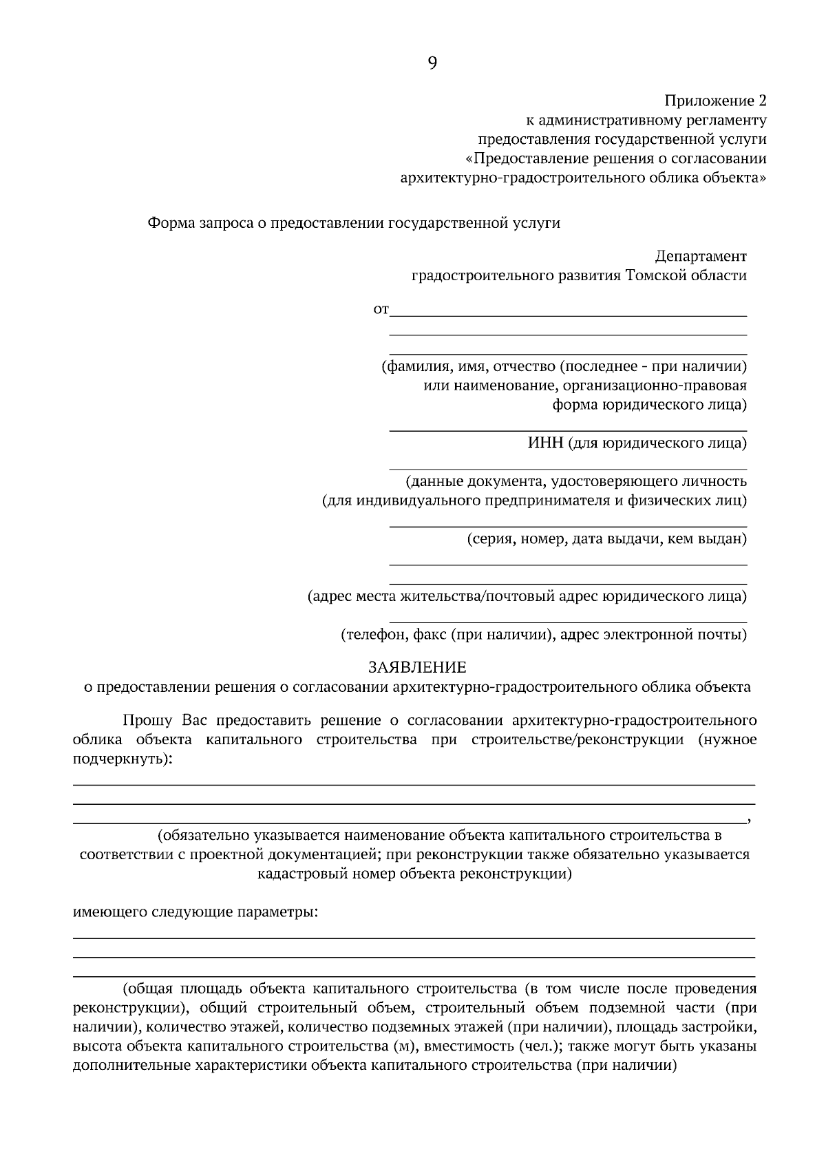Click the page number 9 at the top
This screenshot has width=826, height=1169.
tap(432, 63)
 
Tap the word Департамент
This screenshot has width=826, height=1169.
tap(700, 256)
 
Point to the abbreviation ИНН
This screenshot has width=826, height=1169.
tap(545, 443)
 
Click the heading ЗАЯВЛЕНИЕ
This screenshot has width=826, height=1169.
tap(417, 667)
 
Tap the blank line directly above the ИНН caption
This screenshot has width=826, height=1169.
tap(568, 431)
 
